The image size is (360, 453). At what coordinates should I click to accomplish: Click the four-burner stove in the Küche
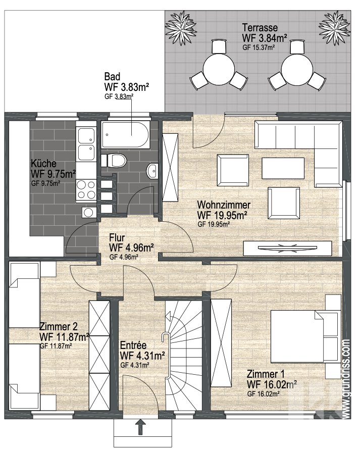tap(86, 190)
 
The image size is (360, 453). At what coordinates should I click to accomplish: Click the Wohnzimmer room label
tap(224, 205)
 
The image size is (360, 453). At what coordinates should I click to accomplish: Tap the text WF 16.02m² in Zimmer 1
tap(272, 384)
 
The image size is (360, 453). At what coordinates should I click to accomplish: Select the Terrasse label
tap(260, 28)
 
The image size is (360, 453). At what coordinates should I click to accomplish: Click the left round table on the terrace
tap(219, 69)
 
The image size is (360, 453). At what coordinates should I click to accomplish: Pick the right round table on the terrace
tap(297, 69)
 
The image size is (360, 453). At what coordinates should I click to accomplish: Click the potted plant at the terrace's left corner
tap(181, 27)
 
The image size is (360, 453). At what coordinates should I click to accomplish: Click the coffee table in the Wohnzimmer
tap(283, 169)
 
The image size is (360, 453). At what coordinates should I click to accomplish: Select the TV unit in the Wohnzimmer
tap(287, 248)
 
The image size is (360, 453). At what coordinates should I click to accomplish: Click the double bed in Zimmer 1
tap(305, 336)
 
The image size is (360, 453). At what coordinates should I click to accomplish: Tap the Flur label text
tap(117, 237)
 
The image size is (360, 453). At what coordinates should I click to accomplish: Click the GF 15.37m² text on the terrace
tap(259, 47)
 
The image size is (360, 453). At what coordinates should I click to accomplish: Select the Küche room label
tap(43, 164)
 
